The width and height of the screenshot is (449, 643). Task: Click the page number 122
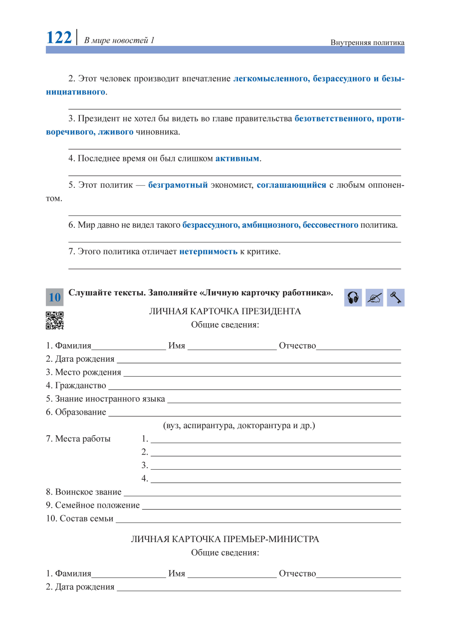[x=59, y=37]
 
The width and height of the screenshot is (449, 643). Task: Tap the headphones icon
[x=353, y=298]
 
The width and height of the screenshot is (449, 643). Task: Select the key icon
[x=396, y=298]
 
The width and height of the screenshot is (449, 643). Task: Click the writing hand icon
[x=374, y=298]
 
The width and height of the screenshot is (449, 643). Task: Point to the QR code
[x=54, y=321]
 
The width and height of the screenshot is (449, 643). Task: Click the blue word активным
[x=237, y=159]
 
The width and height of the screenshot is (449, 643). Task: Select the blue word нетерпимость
[x=208, y=252]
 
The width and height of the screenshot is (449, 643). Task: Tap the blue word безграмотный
[x=178, y=185]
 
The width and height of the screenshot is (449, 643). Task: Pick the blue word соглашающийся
[x=291, y=185]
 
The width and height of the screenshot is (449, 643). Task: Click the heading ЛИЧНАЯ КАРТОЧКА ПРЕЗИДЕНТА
[x=225, y=312]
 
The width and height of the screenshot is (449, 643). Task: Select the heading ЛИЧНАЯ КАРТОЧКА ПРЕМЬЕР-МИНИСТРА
[x=225, y=540]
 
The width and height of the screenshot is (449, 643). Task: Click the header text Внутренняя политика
[x=367, y=42]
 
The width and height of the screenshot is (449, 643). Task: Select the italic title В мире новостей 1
[x=120, y=40]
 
